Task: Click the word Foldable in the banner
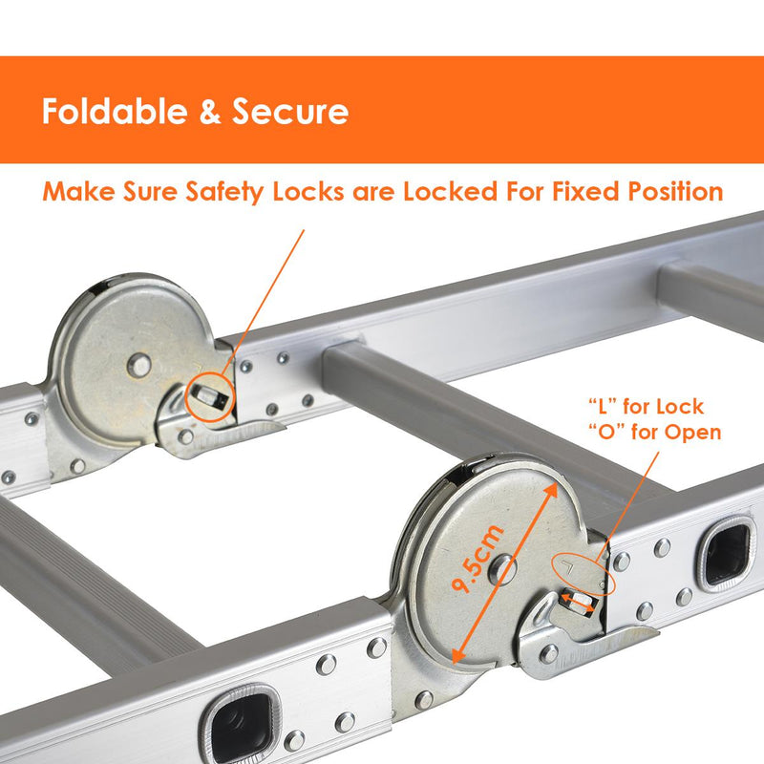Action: [x=115, y=112]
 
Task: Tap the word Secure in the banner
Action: [x=290, y=112]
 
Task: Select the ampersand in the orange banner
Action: [x=209, y=112]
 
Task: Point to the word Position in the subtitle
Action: [x=675, y=191]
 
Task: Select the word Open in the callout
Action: [x=693, y=433]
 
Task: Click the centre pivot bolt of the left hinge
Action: [x=139, y=365]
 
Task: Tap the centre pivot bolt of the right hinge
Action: [x=502, y=568]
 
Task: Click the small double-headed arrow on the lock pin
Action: [x=578, y=602]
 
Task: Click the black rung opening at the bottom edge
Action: [x=242, y=724]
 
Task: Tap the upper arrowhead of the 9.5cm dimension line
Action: [x=552, y=490]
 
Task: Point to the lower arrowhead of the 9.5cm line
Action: [x=457, y=656]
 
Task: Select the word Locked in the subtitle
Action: [x=451, y=191]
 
